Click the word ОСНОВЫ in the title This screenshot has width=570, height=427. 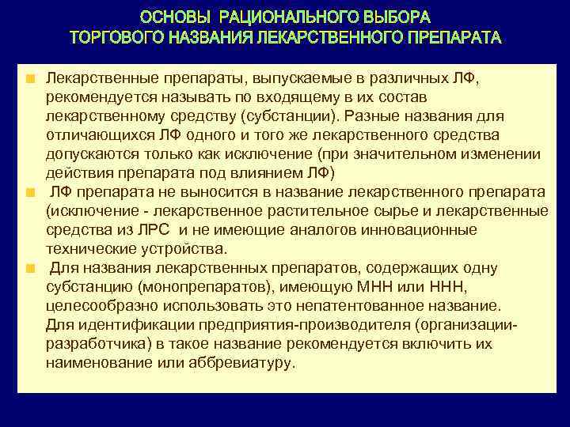click(x=175, y=17)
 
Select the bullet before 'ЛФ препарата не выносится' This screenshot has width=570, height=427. click(x=29, y=193)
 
